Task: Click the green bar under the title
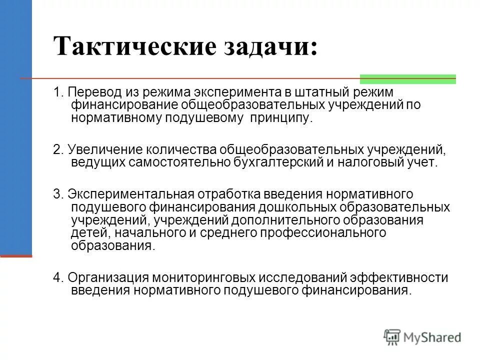(x=407, y=78)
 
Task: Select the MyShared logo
(x=423, y=337)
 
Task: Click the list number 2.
(x=57, y=150)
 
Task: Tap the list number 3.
(x=57, y=194)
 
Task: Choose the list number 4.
(x=57, y=278)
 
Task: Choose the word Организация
(x=107, y=278)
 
